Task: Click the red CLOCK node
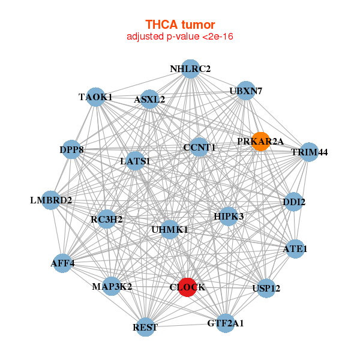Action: pyautogui.click(x=187, y=287)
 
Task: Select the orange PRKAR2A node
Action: pyautogui.click(x=260, y=141)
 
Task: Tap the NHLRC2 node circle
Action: pyautogui.click(x=190, y=68)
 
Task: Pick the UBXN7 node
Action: pyautogui.click(x=246, y=91)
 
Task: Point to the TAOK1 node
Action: pyautogui.click(x=96, y=97)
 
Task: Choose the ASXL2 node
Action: pyautogui.click(x=150, y=99)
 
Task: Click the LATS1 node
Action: pyautogui.click(x=135, y=161)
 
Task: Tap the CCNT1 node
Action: pyautogui.click(x=199, y=147)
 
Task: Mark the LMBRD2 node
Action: pyautogui.click(x=51, y=200)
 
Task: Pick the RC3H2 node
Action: pyautogui.click(x=107, y=220)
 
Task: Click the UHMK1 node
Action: pyautogui.click(x=170, y=229)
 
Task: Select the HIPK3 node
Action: pyautogui.click(x=229, y=215)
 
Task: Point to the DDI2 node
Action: pyautogui.click(x=294, y=202)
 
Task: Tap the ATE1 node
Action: pyautogui.click(x=295, y=248)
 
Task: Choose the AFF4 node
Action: pyautogui.click(x=62, y=263)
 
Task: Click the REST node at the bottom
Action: pyautogui.click(x=145, y=327)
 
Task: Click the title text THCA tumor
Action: pyautogui.click(x=179, y=25)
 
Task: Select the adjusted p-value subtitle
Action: pyautogui.click(x=179, y=37)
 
